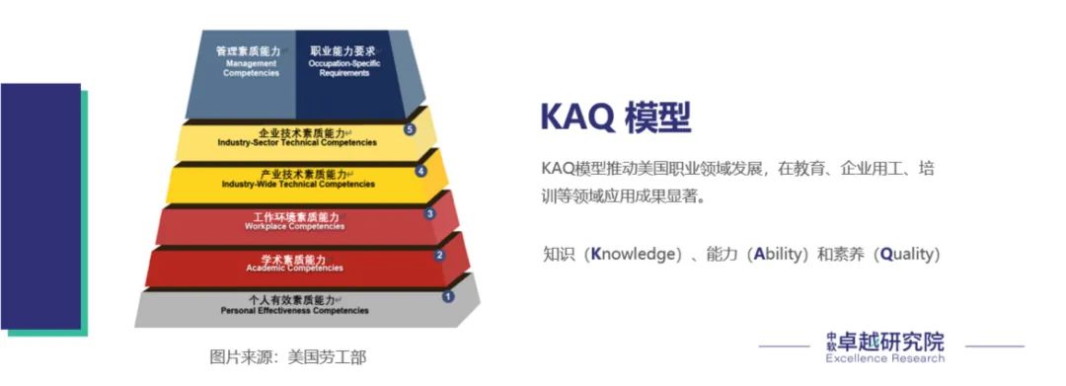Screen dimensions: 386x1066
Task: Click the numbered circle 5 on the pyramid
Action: [410, 129]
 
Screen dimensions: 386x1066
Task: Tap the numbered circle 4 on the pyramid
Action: [421, 171]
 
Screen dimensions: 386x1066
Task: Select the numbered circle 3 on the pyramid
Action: [430, 213]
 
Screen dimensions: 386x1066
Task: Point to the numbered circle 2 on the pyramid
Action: [439, 255]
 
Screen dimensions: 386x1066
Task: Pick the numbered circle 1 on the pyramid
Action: [448, 296]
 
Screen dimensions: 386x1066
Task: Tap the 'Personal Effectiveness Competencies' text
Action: [294, 310]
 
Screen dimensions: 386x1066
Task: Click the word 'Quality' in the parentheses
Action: [906, 255]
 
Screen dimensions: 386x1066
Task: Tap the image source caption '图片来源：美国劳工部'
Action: [287, 356]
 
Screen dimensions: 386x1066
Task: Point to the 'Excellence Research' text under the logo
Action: [884, 358]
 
